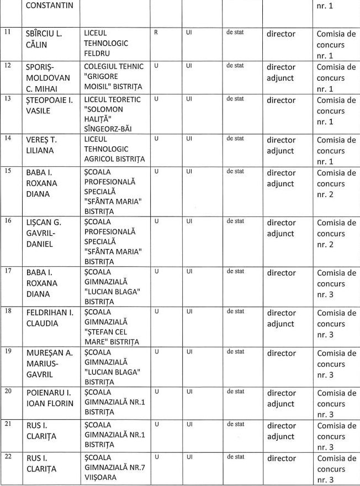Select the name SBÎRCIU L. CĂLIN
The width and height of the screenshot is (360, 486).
[x=44, y=39]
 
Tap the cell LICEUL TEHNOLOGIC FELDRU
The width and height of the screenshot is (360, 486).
[x=106, y=44]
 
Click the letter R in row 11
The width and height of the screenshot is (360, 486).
[x=156, y=33]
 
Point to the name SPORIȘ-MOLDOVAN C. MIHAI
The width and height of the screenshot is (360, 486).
[x=48, y=77]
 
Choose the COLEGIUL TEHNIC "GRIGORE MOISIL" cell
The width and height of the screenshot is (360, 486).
[x=114, y=77]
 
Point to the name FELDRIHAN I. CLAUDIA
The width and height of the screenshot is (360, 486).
[x=50, y=318]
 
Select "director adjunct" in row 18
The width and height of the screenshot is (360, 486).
[x=281, y=318]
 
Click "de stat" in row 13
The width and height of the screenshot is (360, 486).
[x=235, y=99]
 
